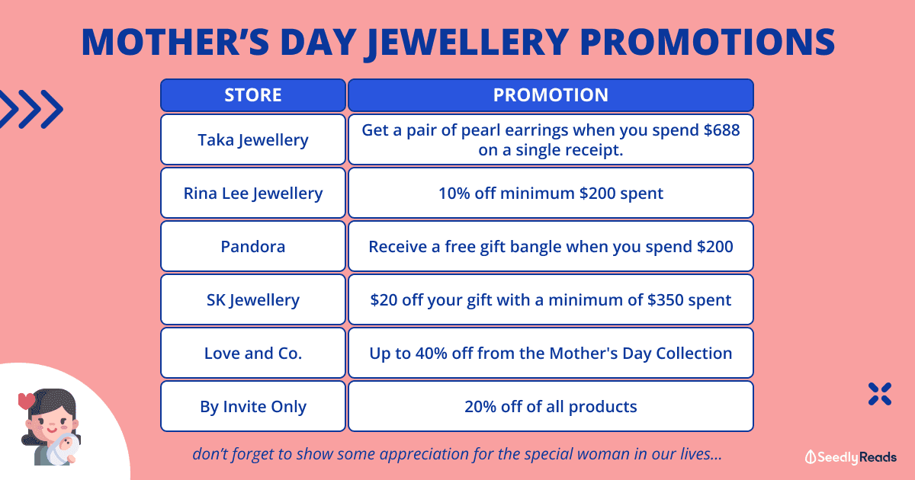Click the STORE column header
[253, 95]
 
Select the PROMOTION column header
[551, 95]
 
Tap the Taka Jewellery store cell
[253, 139]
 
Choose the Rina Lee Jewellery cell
[253, 193]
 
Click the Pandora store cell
[253, 247]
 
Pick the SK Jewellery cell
[253, 299]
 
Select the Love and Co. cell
[253, 353]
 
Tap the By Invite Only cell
[253, 407]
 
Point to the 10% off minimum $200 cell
[551, 193]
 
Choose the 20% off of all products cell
[551, 407]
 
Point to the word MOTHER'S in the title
[175, 42]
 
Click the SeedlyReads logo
[851, 457]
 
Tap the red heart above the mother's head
[27, 401]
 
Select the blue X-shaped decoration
[880, 394]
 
